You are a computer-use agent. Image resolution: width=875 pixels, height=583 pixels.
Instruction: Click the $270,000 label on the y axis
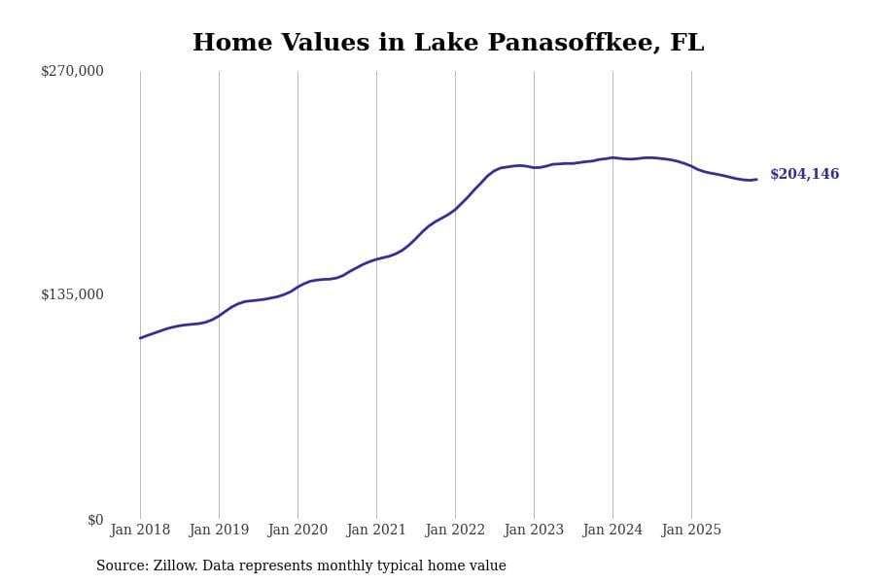(x=72, y=71)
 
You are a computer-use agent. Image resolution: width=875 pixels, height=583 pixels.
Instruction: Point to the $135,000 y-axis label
(x=72, y=294)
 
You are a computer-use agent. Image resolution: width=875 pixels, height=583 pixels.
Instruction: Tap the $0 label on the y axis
(x=95, y=520)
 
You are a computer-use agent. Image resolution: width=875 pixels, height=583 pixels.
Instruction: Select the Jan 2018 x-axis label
(x=140, y=531)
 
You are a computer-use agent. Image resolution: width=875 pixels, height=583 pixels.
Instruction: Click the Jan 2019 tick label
(x=219, y=531)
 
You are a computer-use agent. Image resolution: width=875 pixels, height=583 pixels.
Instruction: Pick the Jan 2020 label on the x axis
(x=297, y=531)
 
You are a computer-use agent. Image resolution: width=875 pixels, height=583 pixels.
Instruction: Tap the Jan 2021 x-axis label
(x=376, y=531)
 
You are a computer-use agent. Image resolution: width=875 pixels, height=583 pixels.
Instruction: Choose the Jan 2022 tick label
(x=455, y=531)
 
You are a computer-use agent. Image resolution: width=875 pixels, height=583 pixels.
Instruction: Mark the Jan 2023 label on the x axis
(x=534, y=531)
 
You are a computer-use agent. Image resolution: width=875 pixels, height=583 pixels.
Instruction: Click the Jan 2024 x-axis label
(x=612, y=531)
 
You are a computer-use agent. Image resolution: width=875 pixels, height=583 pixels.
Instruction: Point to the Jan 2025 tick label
(x=691, y=531)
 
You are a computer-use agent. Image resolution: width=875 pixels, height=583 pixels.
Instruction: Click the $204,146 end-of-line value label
(x=804, y=175)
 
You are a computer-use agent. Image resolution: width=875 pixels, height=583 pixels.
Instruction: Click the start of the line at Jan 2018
(x=140, y=338)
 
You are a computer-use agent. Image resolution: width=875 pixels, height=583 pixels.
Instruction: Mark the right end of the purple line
(x=756, y=180)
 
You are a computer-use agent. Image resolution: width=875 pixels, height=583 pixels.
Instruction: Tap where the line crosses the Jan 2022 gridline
(x=455, y=209)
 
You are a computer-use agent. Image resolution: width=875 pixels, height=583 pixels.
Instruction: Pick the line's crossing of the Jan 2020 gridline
(x=297, y=287)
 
